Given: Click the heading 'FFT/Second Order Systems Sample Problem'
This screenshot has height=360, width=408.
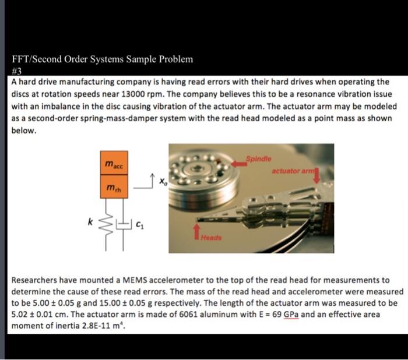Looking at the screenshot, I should pyautogui.click(x=102, y=59).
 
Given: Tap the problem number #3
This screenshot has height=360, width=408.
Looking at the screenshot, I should pyautogui.click(x=17, y=70).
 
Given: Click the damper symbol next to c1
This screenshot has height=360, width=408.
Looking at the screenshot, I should pyautogui.click(x=122, y=224).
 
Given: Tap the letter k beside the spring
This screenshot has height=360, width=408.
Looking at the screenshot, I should pyautogui.click(x=90, y=222).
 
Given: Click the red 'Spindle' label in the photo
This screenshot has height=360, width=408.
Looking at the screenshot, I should pyautogui.click(x=257, y=158).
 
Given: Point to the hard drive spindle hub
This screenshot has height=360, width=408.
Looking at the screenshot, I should pyautogui.click(x=198, y=167).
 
